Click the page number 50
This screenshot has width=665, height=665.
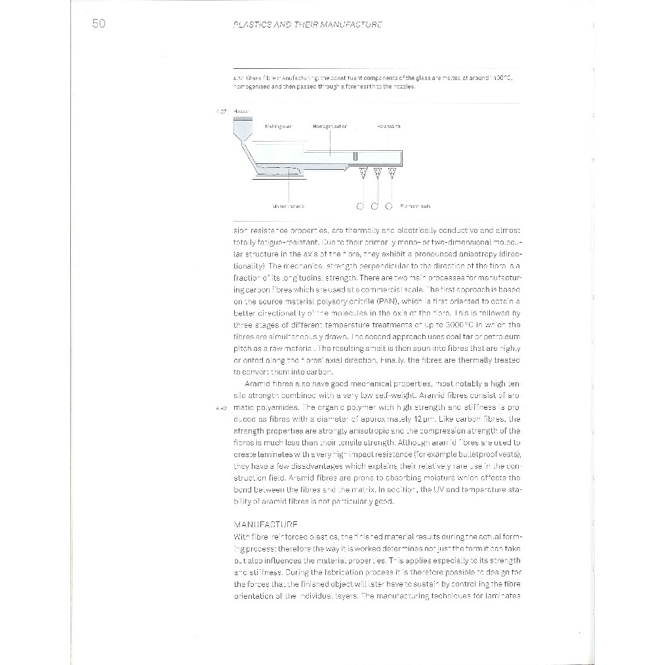point(98,25)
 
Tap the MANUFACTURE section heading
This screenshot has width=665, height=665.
point(266,525)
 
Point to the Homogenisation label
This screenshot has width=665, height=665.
point(329,125)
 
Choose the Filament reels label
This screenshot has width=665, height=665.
point(414,206)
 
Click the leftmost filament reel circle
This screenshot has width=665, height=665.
point(360,206)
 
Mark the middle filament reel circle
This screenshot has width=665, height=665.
point(374,206)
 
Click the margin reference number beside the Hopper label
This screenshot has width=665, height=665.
point(222,111)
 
